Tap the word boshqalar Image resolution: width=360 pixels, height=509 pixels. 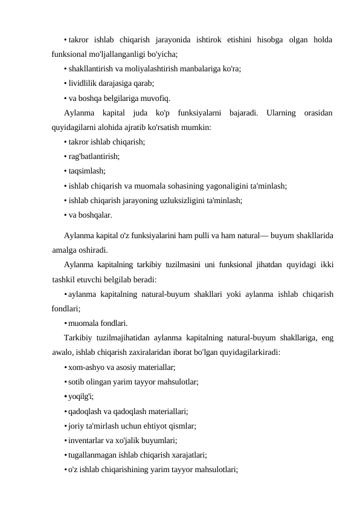pos(96,214)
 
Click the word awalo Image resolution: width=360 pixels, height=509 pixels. pos(63,351)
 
